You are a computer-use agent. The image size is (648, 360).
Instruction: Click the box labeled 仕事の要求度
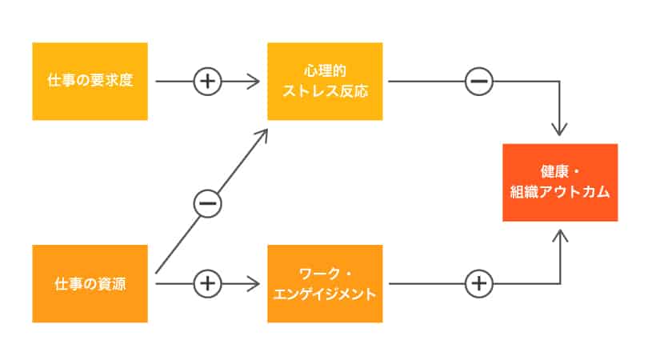point(90,81)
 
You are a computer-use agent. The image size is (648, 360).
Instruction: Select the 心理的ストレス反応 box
point(326,81)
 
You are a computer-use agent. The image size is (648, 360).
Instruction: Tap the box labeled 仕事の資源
point(90,283)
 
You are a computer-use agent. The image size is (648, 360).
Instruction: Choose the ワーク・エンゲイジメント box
point(326,283)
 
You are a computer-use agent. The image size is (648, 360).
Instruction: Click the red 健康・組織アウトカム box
point(560,182)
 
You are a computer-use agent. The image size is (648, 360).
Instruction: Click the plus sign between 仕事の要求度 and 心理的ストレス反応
point(207,81)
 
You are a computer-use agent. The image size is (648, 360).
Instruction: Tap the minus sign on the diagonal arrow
point(206,204)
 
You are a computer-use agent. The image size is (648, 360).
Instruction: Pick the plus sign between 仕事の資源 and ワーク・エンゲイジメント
point(207,283)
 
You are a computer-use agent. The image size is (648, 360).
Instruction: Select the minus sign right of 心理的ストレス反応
point(479,81)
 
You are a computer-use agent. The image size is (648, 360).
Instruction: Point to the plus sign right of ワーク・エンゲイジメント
point(479,283)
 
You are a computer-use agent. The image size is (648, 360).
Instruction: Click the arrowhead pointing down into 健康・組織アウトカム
point(560,130)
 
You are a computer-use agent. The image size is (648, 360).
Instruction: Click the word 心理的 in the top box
point(326,71)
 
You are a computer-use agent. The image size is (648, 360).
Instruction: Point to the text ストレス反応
point(326,90)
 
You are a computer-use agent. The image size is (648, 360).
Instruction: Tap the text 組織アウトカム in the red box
point(560,192)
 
